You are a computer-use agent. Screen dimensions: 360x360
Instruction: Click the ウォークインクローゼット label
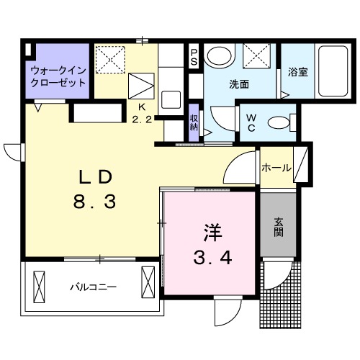pyautogui.click(x=58, y=77)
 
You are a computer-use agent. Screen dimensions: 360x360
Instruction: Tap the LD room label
pyautogui.click(x=94, y=177)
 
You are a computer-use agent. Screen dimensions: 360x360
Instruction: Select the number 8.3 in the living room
pyautogui.click(x=94, y=202)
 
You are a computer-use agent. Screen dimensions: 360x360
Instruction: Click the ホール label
pyautogui.click(x=276, y=168)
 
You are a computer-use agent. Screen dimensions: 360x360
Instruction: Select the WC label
pyautogui.click(x=252, y=122)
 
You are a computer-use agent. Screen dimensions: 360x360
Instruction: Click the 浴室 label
pyautogui.click(x=297, y=73)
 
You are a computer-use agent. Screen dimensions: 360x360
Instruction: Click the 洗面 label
pyautogui.click(x=239, y=84)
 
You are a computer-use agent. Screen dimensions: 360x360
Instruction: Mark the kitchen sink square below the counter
pyautogui.click(x=171, y=99)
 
